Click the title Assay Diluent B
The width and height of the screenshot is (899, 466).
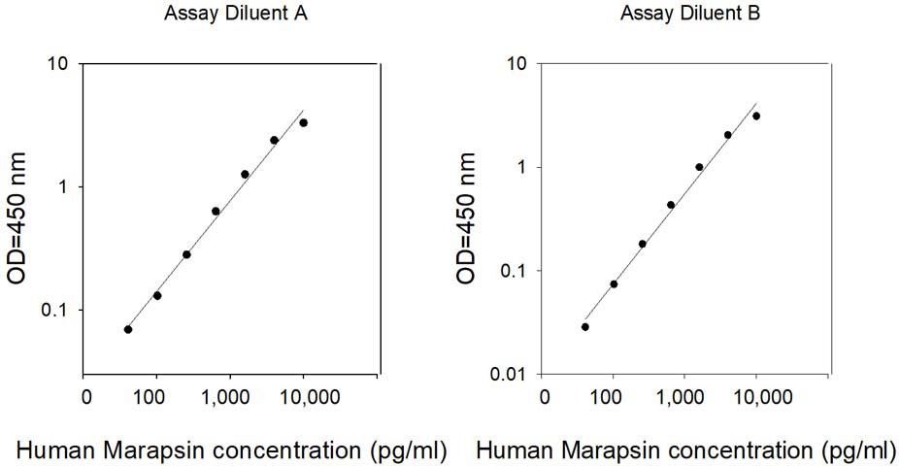click(x=683, y=13)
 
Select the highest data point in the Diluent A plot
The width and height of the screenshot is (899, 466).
click(x=304, y=122)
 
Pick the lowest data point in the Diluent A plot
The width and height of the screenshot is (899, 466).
click(x=128, y=329)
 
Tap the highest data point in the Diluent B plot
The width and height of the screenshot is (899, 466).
click(x=756, y=116)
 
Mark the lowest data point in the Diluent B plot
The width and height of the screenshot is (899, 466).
click(x=585, y=326)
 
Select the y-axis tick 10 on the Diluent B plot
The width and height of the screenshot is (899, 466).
click(x=517, y=65)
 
